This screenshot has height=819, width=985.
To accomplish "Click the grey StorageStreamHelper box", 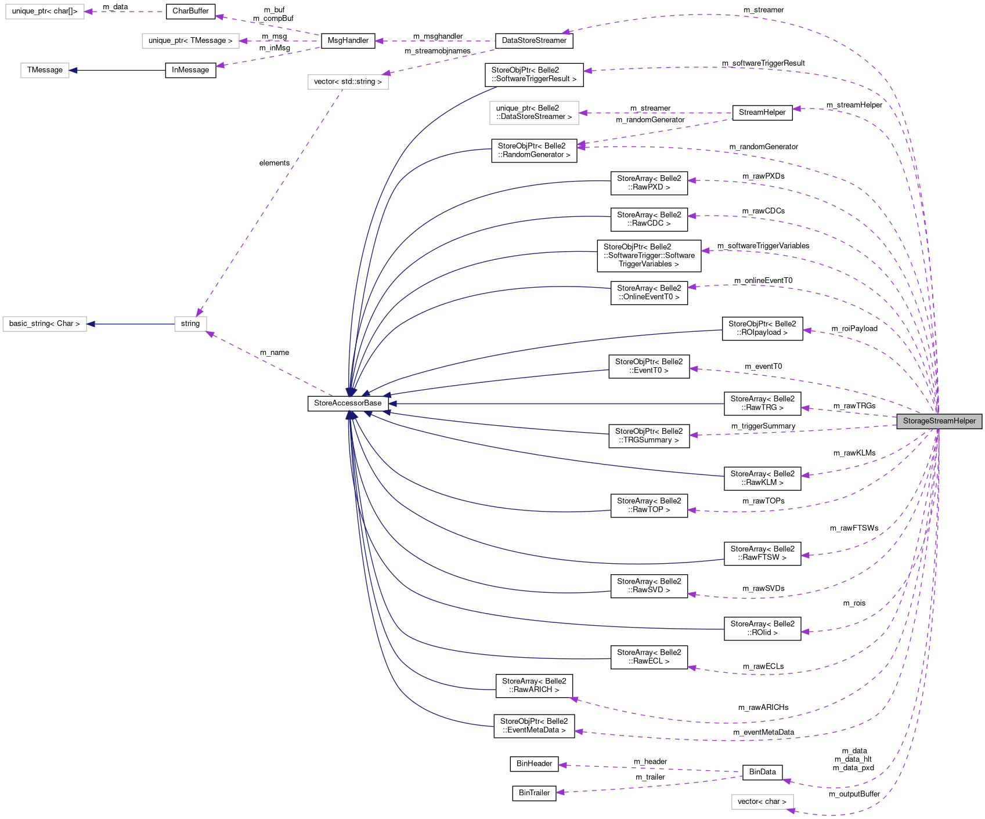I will coord(939,421).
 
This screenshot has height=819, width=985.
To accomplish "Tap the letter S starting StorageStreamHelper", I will coord(905,421).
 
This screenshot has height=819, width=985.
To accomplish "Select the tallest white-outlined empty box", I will coord(534,113).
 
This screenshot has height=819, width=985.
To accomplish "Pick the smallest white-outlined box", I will coord(190,324).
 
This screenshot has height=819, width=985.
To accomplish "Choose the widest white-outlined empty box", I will coord(190,41).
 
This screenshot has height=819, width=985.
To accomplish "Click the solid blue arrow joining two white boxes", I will coord(131,324).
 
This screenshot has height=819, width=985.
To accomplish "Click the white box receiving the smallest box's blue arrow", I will coord(45,324).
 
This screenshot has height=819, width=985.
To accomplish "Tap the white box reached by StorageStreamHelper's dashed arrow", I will coord(762,802).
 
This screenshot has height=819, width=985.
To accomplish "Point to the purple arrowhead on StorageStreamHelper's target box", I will coord(791,810).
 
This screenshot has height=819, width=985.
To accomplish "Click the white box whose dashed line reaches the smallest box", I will coord(348,82).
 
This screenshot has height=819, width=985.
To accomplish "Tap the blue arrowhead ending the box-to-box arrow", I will coord(91,324).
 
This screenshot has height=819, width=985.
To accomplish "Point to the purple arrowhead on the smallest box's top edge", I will coord(199,313).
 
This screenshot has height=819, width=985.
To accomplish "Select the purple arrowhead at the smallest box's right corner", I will coord(210,334).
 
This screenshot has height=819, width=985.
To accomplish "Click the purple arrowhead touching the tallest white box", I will coord(583,113).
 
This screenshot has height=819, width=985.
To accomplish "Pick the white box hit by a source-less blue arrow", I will coord(45,70).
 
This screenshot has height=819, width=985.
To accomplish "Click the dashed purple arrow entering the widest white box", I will coord(279,41).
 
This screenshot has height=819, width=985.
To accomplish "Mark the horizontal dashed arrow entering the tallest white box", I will coord(656,113).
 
